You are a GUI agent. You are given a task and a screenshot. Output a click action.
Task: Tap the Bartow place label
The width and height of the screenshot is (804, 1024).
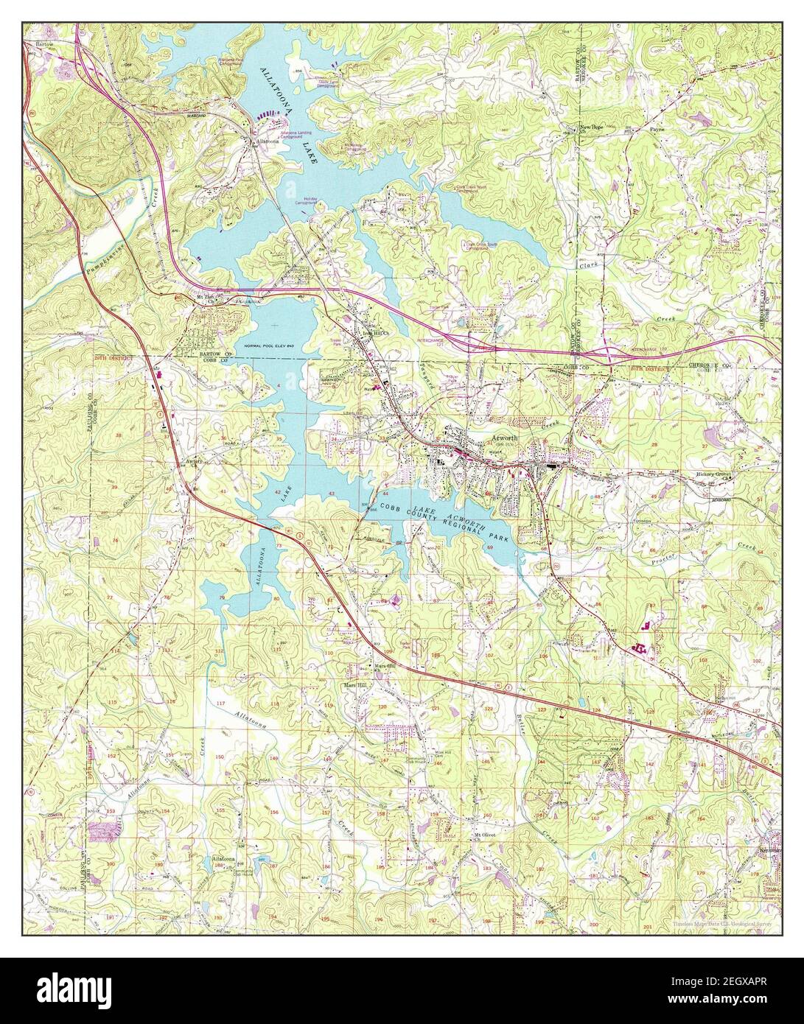click(34, 45)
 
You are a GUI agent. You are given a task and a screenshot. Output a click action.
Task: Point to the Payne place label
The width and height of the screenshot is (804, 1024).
click(657, 127)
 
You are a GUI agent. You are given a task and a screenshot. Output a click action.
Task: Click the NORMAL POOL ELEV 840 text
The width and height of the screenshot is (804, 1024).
click(272, 346)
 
